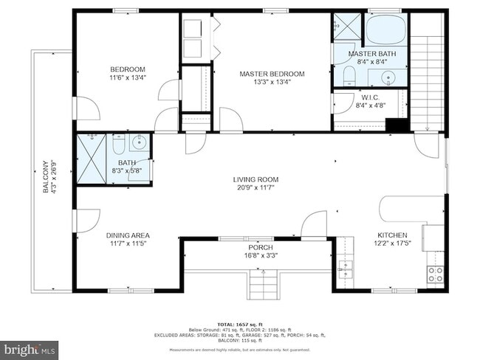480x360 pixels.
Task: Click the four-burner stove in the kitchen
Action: pos(435,274)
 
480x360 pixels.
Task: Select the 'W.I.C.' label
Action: pos(370,97)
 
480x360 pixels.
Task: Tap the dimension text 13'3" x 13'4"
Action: pos(271,82)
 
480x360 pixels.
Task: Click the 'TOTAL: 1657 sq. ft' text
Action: pos(239,324)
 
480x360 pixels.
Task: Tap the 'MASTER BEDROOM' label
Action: pos(272,74)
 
